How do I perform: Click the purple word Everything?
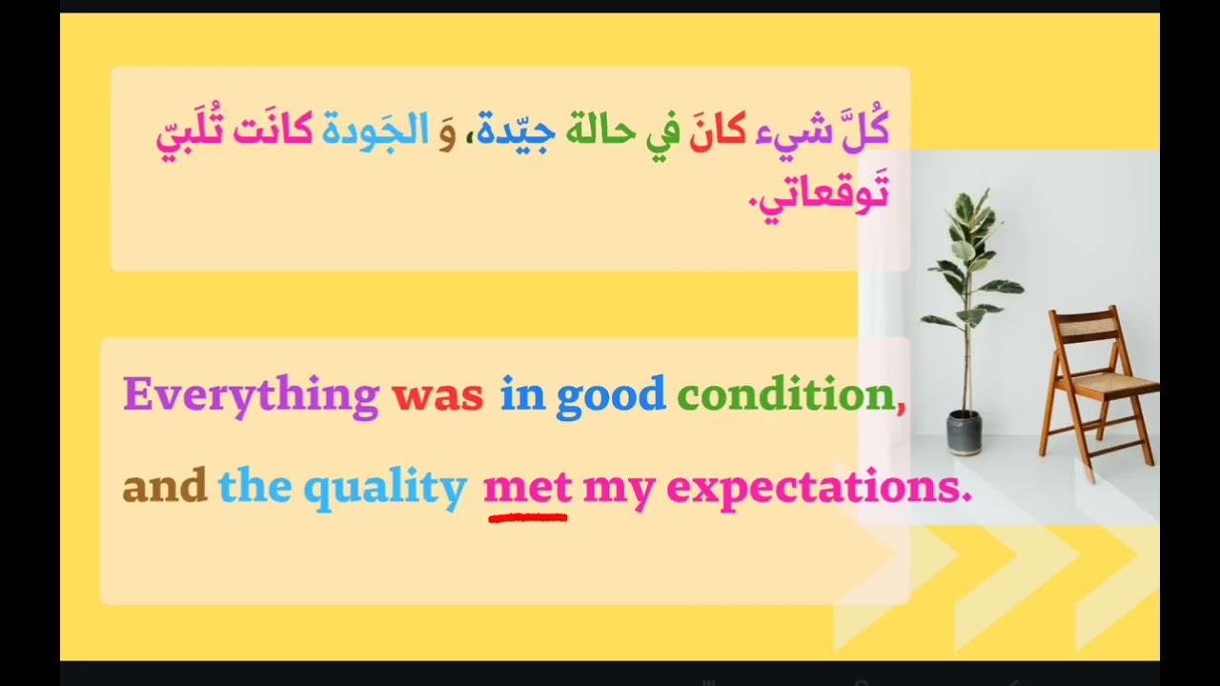click(x=251, y=394)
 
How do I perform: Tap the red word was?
click(x=437, y=394)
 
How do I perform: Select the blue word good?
click(x=611, y=394)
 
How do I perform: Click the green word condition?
click(x=785, y=394)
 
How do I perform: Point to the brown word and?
click(x=164, y=487)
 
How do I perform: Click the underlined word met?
click(x=527, y=487)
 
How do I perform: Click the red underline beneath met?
click(x=527, y=518)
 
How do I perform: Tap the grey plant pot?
click(x=965, y=433)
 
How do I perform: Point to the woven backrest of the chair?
click(x=1088, y=330)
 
